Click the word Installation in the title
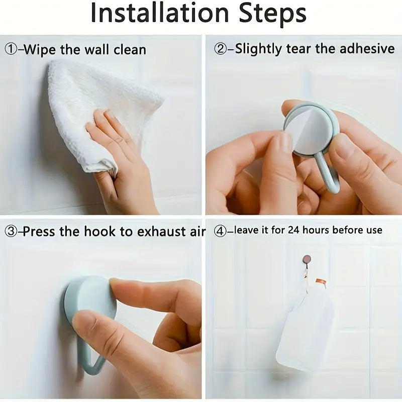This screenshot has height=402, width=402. tap(159, 13)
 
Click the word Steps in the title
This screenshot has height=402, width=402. tap(272, 13)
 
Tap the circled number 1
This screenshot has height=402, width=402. tap(11, 49)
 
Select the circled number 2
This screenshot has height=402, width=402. tap(220, 49)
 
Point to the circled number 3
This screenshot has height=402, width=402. tap(11, 232)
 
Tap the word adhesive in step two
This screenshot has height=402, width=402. tap(367, 48)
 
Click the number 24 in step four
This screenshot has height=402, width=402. tap(294, 230)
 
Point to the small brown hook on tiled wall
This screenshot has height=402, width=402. tap(307, 259)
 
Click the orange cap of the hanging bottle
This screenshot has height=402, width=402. tap(321, 283)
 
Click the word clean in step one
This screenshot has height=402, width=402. tap(130, 50)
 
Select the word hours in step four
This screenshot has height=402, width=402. tap(316, 230)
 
